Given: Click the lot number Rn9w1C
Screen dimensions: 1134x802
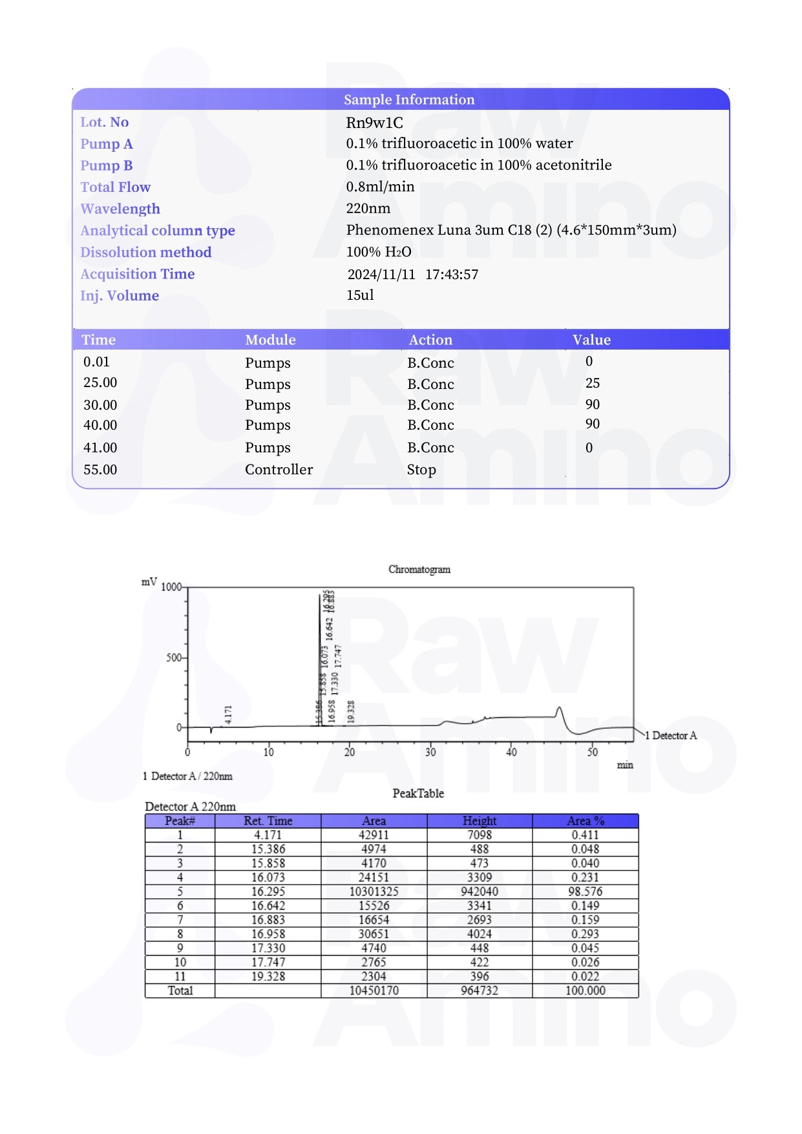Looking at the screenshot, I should click(x=374, y=123).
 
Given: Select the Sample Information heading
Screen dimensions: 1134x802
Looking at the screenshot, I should click(x=408, y=100).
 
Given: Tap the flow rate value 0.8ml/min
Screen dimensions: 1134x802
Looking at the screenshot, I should click(x=380, y=187).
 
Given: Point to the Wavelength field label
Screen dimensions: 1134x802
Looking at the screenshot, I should click(x=120, y=209).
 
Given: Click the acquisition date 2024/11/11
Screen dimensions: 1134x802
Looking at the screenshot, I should click(x=381, y=275).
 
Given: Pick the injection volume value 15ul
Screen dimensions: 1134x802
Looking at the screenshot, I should click(x=360, y=295).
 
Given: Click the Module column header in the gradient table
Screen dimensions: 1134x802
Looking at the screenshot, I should click(x=270, y=340).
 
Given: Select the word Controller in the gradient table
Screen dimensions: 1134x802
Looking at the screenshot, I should click(x=279, y=470).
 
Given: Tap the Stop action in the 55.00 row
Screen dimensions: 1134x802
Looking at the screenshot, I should click(x=421, y=470).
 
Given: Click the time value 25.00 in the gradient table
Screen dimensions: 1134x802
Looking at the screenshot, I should click(x=100, y=383).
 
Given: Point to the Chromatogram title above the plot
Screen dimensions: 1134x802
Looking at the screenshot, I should click(x=419, y=569).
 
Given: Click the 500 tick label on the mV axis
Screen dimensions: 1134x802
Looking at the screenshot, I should click(x=174, y=658).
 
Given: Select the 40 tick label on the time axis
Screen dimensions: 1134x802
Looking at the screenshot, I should click(x=511, y=752).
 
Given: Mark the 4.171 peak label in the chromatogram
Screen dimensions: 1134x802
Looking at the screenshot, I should click(x=228, y=714).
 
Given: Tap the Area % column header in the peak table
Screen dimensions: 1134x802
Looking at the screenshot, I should click(x=585, y=821).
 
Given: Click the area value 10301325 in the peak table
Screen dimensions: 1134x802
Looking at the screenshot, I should click(x=374, y=892).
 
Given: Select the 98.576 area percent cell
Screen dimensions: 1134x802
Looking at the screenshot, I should click(x=585, y=892).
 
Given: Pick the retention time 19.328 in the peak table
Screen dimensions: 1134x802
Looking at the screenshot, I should click(x=268, y=976).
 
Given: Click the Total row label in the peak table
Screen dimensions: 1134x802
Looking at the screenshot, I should click(x=180, y=991).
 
